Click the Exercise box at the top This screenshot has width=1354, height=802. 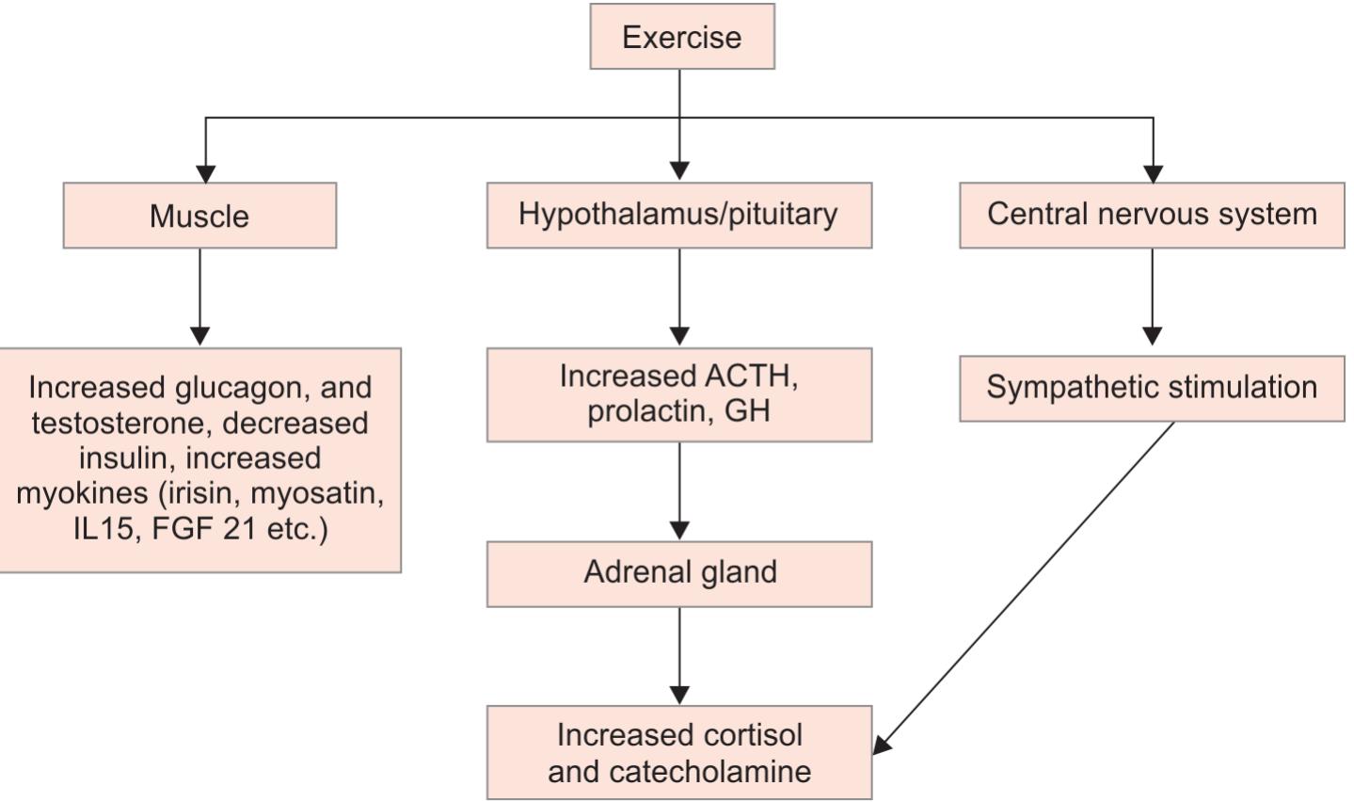pos(681,37)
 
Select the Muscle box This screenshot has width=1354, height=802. pos(199,216)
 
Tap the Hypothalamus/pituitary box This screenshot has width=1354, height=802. pos(678,215)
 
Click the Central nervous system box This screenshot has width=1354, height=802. pos(1152,215)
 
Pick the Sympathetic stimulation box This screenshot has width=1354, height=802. pos(1152,387)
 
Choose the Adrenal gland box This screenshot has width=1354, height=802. pos(679,572)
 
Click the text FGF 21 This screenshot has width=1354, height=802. pos(205,529)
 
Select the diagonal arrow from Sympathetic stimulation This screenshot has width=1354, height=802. pos(1026,588)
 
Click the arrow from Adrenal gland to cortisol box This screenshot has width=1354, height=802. pos(679,654)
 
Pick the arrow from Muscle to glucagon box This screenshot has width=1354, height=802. pos(199,296)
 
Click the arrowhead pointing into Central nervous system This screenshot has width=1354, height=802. pos(1153,174)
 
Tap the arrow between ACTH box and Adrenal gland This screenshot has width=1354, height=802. pos(679,489)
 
